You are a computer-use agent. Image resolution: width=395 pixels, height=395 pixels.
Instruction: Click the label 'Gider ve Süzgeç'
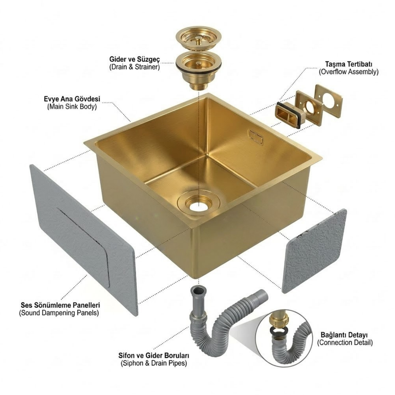tap(135, 59)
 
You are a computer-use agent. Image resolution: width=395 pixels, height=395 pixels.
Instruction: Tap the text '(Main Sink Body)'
tap(72, 107)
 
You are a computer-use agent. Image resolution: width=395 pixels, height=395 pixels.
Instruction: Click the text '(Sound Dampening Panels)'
tap(59, 313)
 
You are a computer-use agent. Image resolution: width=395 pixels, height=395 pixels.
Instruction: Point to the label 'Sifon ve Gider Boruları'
tap(154, 355)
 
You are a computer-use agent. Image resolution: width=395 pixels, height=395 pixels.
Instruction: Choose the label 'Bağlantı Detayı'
tap(344, 335)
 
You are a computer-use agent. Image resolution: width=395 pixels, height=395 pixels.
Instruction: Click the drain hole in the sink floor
tap(199, 204)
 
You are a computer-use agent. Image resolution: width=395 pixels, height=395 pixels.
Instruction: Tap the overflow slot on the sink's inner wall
tap(256, 136)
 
